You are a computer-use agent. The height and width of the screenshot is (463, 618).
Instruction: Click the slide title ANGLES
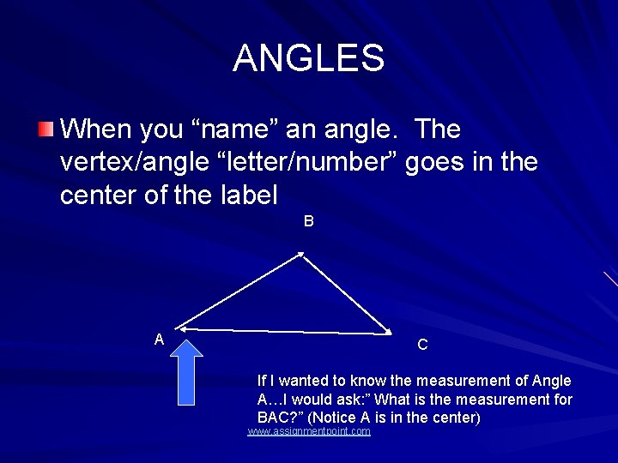coord(308,58)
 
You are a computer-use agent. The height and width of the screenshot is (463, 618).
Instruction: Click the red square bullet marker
coord(45,130)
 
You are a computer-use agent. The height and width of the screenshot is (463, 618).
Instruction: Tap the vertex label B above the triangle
coord(308,221)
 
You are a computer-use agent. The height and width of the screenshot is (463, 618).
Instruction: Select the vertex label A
coord(159,340)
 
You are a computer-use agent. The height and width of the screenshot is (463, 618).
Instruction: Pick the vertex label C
coord(422,346)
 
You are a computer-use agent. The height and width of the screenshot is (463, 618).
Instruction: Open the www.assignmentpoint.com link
coord(309,431)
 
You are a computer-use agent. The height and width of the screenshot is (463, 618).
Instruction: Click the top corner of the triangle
coord(301,253)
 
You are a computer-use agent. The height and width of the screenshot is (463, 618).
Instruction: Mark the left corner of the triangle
coord(180,328)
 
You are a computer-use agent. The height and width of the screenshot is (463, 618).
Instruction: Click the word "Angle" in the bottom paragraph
coord(552,381)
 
